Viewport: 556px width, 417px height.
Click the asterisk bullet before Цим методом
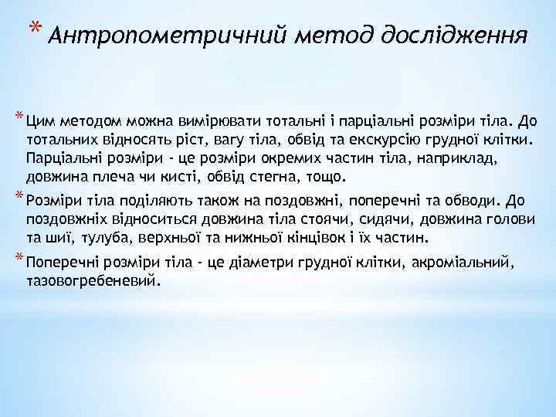[18, 117]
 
